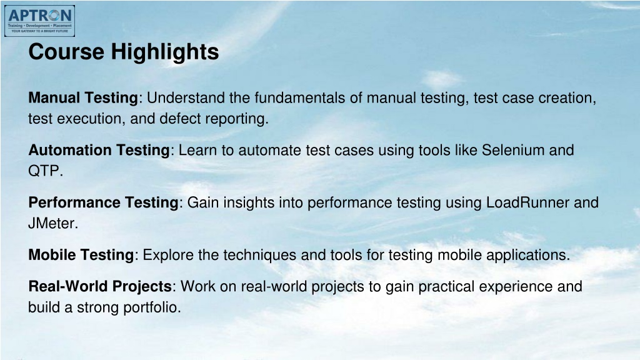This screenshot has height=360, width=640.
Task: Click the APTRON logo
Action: [x=39, y=21]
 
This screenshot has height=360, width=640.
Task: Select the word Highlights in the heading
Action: [x=165, y=52]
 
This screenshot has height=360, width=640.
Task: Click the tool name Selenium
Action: [x=513, y=150]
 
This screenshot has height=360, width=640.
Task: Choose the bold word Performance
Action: [x=74, y=202]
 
